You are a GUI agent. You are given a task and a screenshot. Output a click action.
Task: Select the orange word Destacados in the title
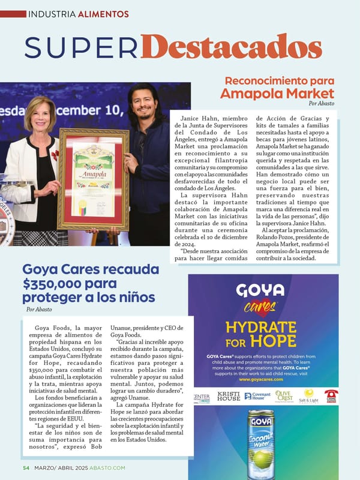click(x=232, y=46)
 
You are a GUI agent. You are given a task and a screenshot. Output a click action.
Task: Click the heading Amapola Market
click(x=277, y=93)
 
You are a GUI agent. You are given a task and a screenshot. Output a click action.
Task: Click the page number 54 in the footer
click(x=26, y=468)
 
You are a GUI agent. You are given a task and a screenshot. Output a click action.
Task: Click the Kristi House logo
click(x=229, y=397)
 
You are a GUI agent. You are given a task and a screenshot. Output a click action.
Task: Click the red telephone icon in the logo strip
click(x=331, y=396)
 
